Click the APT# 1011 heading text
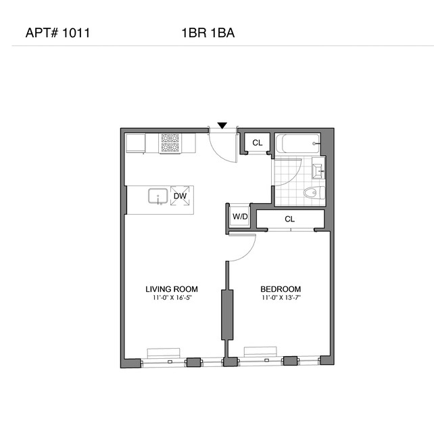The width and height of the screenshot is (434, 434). pyautogui.click(x=57, y=32)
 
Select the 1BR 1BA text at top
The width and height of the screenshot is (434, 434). pyautogui.click(x=208, y=32)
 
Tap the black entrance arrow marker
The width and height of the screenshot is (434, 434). pyautogui.click(x=222, y=125)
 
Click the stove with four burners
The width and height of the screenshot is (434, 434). pyautogui.click(x=170, y=143)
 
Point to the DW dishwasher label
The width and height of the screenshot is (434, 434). pyautogui.click(x=179, y=196)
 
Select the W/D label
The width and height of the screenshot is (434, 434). pyautogui.click(x=240, y=217)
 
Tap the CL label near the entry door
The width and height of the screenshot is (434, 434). pyautogui.click(x=257, y=143)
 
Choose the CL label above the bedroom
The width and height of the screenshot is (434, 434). pyautogui.click(x=289, y=219)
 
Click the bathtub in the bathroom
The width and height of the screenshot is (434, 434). pyautogui.click(x=297, y=144)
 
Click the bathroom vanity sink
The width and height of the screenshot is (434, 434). pyautogui.click(x=318, y=167)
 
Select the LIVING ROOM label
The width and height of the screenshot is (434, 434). pyautogui.click(x=172, y=289)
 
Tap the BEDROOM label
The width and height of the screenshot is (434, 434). pyautogui.click(x=281, y=289)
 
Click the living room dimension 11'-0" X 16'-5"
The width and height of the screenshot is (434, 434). pyautogui.click(x=172, y=298)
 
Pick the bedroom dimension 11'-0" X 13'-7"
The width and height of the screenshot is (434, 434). pyautogui.click(x=281, y=298)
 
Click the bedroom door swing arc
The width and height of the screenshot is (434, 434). pyautogui.click(x=247, y=251)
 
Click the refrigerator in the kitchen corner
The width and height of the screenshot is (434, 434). pyautogui.click(x=136, y=143)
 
